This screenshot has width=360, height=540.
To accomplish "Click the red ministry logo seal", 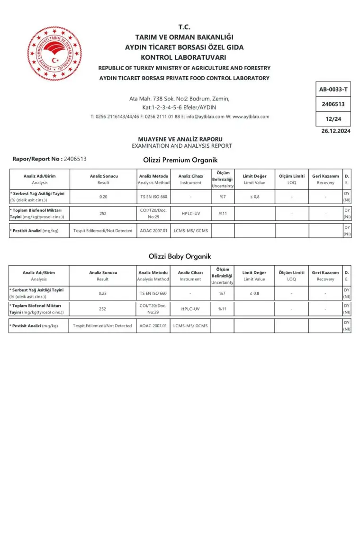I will click(x=54, y=53).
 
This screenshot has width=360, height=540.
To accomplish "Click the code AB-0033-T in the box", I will click(x=333, y=89).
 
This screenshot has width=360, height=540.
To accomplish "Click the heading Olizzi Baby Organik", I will click(x=180, y=256).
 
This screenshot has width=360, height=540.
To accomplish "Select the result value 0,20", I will click(x=103, y=197).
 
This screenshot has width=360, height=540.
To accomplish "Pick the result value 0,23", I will click(x=103, y=293).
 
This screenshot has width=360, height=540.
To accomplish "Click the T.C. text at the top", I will click(x=184, y=27).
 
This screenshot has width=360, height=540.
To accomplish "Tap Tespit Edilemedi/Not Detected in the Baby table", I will click(x=102, y=326).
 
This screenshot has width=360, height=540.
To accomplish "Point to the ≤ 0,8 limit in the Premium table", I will click(x=254, y=197).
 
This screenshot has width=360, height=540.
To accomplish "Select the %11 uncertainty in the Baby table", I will click(x=222, y=309).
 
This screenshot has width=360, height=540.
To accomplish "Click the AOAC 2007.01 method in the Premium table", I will click(x=153, y=231).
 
